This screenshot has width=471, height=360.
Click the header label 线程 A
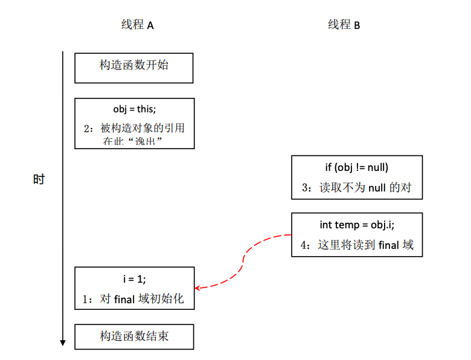(137, 25)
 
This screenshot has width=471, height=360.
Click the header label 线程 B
(344, 25)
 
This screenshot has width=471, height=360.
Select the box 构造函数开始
(134, 68)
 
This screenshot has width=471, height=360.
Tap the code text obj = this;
(134, 109)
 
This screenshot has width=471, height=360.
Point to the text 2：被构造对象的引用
(134, 128)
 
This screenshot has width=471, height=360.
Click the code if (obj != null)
(356, 167)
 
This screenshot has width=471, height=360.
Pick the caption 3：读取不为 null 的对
(356, 187)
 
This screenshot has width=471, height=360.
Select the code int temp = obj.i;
(356, 225)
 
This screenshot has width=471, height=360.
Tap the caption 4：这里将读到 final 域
(356, 245)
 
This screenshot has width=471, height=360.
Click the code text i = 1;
(134, 278)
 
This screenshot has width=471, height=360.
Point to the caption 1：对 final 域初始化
(134, 298)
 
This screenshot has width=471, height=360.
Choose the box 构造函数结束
(134, 336)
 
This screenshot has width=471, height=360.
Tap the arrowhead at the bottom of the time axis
(63, 342)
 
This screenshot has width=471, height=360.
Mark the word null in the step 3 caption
(377, 187)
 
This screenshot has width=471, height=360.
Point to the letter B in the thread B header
(357, 25)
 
